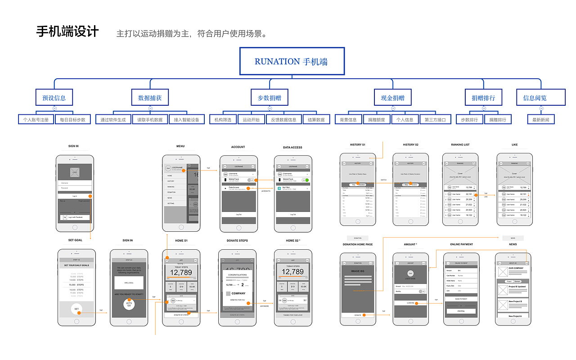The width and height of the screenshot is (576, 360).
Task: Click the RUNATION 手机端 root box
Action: coord(291,61)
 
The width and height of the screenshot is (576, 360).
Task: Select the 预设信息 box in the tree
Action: coord(54,98)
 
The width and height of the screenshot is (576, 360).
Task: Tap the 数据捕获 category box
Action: coord(150,98)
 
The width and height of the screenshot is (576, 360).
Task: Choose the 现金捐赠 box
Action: coord(392,98)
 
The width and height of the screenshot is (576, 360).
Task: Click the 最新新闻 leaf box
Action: coord(541,120)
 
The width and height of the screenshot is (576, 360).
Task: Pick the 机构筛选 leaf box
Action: coord(223,120)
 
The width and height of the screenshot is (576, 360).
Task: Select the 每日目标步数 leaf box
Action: coord(72,120)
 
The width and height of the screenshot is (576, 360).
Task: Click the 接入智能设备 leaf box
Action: coord(186,120)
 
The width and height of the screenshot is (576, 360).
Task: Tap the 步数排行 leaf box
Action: coord(469,120)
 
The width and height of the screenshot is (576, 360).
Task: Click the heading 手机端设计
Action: coord(67,32)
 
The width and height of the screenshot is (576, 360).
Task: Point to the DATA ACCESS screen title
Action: coord(292,147)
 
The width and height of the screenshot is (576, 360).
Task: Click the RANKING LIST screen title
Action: coord(460,145)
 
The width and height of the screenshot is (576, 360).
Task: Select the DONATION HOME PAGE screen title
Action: coord(358,244)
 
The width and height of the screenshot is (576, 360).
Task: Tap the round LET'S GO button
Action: coord(129,304)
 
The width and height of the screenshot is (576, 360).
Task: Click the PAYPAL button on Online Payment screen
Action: coord(461,311)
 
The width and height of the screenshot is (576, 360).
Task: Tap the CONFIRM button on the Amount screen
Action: coord(410,303)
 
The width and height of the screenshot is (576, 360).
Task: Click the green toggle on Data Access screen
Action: coord(306,180)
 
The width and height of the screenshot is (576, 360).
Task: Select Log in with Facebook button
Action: coord(75,217)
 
